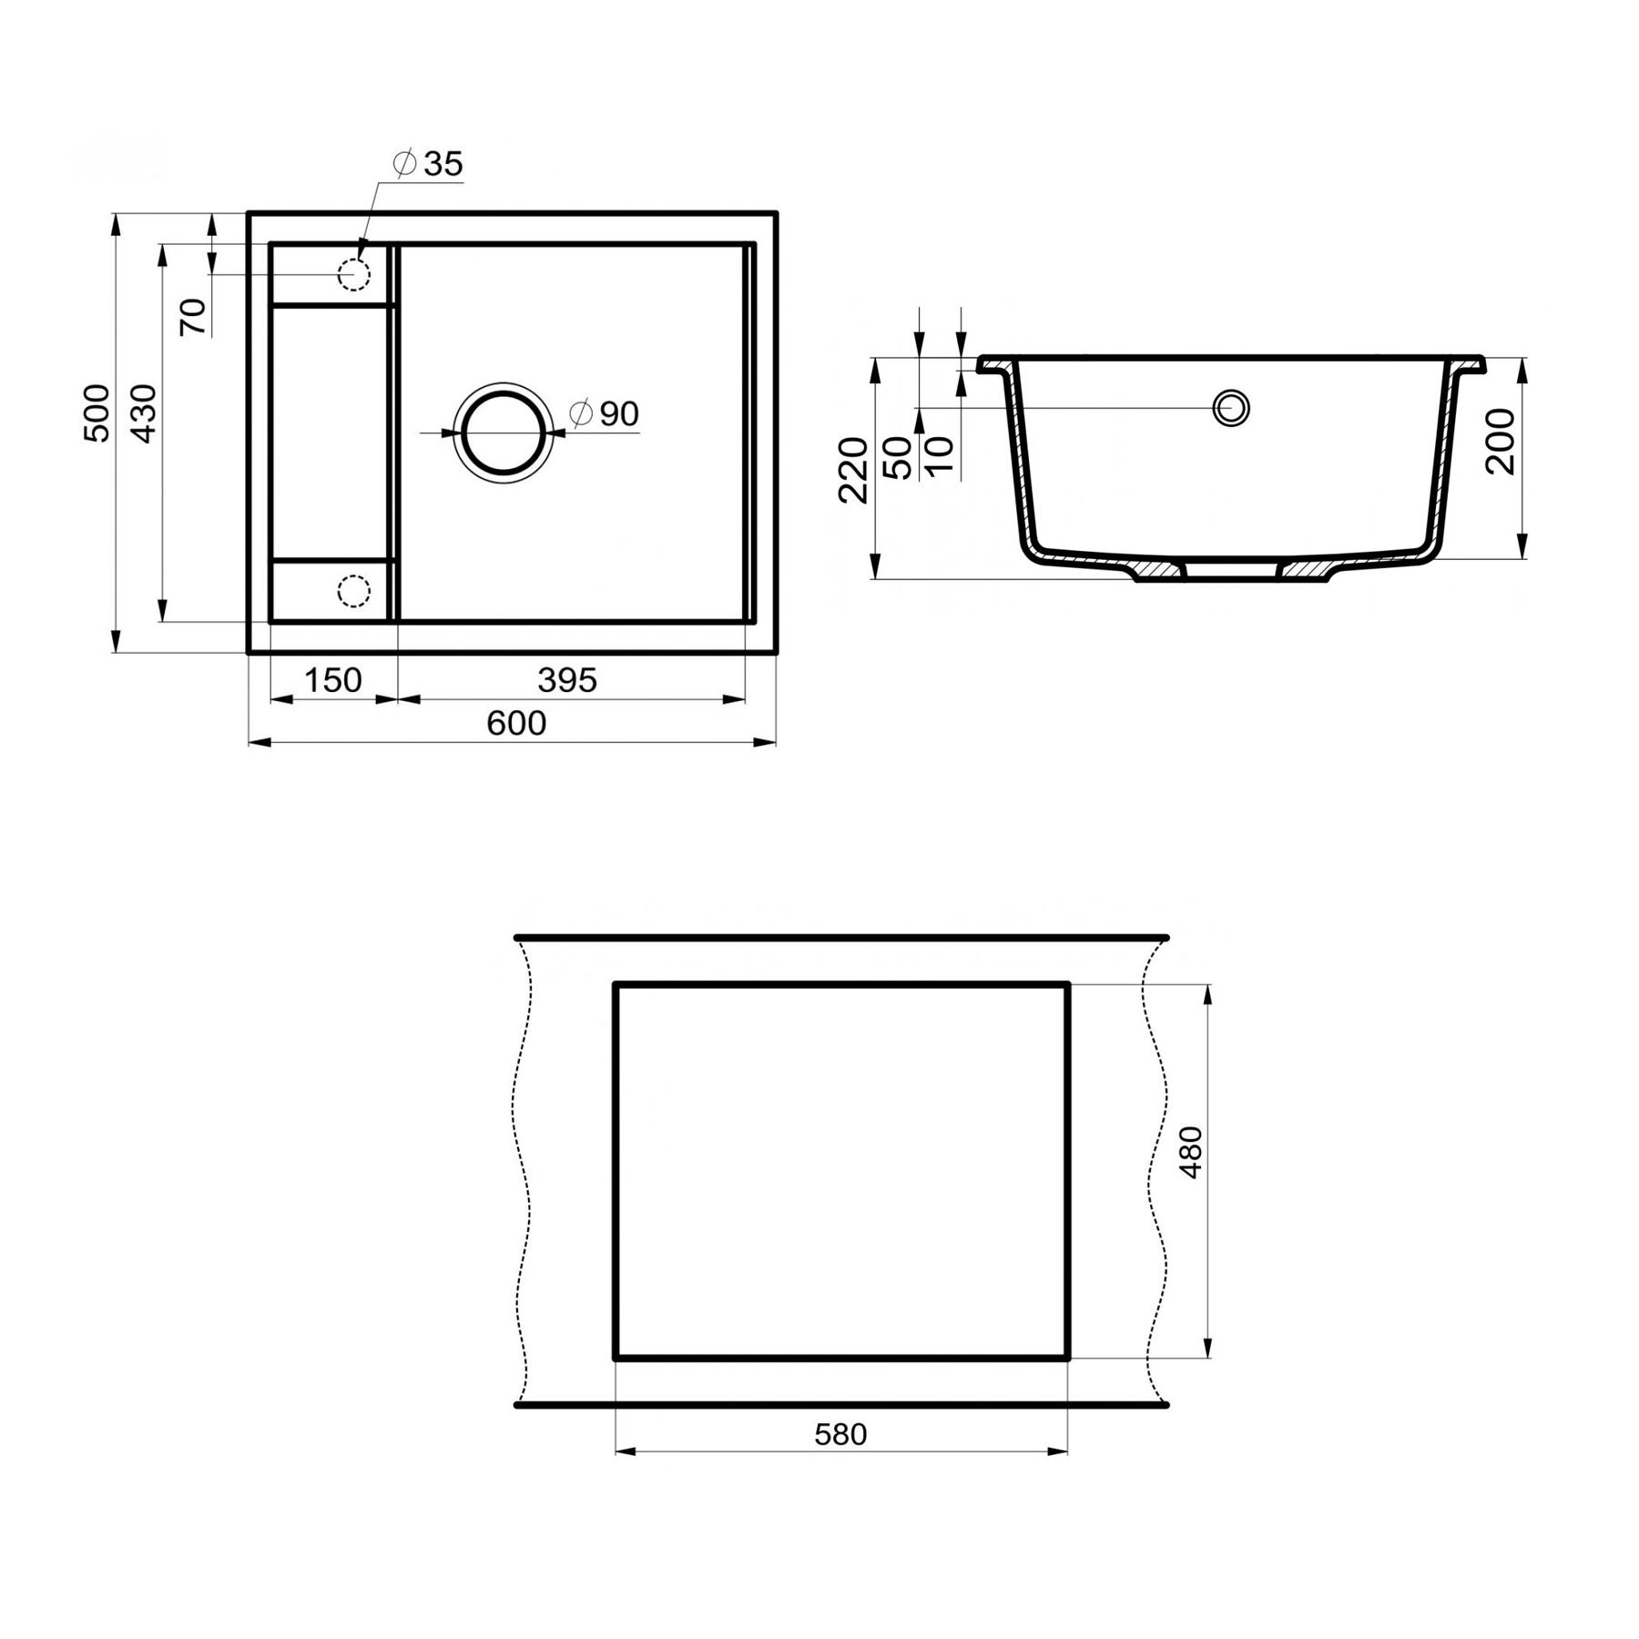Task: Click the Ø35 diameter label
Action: [428, 164]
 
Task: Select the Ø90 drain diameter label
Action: [605, 413]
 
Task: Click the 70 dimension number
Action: [193, 317]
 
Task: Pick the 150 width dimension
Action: [332, 680]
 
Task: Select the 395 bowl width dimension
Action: [566, 680]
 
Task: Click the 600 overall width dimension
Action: [516, 723]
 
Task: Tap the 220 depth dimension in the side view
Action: [853, 470]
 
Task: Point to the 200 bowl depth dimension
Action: [1500, 441]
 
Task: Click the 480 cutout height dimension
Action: [1190, 1153]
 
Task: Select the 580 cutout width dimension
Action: [840, 1434]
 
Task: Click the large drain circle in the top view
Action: [504, 432]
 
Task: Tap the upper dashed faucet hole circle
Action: [353, 273]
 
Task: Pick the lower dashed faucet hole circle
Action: [353, 591]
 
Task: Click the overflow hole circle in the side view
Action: [1231, 408]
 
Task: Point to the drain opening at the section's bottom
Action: [1231, 571]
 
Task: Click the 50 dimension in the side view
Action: [897, 457]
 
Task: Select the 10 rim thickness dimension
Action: [939, 455]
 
